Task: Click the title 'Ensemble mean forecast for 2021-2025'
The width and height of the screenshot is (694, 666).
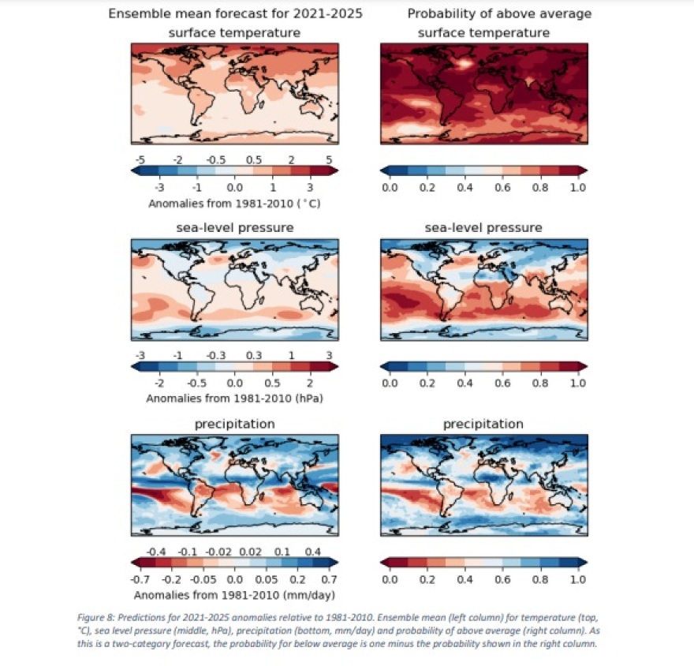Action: point(234,14)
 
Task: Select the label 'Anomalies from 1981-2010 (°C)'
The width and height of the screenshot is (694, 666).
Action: point(234,203)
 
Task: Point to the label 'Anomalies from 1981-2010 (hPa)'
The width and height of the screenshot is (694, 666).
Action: point(234,398)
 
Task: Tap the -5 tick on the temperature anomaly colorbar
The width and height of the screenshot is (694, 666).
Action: point(140,160)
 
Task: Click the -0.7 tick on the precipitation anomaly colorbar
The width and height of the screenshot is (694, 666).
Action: point(141,579)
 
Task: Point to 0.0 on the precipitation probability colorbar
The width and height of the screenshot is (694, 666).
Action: point(389,579)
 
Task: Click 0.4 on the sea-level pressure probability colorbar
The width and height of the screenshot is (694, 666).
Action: point(465,384)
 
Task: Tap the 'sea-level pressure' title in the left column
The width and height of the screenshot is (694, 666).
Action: point(234,228)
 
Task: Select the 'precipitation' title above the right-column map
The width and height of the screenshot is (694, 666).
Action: point(483,425)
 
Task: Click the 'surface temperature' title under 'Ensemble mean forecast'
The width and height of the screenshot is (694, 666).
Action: point(234,33)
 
